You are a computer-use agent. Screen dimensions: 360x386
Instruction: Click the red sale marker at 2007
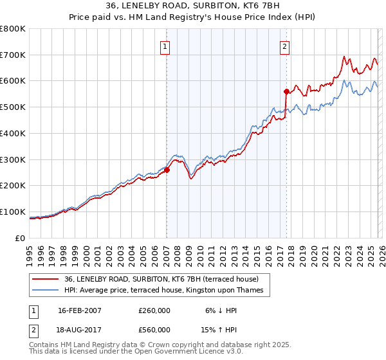click(167, 170)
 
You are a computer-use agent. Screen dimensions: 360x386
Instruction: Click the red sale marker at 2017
click(286, 91)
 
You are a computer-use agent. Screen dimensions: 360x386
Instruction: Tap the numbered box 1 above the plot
click(165, 46)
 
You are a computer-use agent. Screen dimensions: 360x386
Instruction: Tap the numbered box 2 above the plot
click(284, 46)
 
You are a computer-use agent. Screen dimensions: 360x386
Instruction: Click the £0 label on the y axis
click(21, 238)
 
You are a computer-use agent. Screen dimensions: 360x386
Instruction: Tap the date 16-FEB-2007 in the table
click(80, 310)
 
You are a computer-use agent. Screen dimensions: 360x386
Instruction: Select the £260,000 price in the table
click(154, 310)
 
